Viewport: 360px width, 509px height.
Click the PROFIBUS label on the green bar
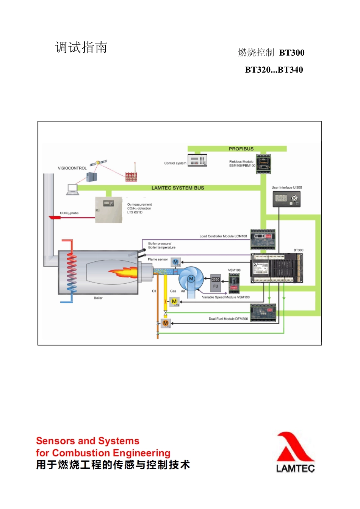click(x=241, y=149)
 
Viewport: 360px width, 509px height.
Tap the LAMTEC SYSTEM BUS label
click(x=178, y=188)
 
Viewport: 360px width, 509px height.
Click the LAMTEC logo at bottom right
click(x=295, y=453)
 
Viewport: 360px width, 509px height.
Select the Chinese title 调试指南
click(x=81, y=48)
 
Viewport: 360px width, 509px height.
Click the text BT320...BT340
click(x=274, y=70)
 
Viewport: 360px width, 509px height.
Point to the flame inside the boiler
click(x=124, y=272)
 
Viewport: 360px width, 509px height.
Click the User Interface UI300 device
click(x=286, y=199)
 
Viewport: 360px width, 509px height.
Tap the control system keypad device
click(x=197, y=160)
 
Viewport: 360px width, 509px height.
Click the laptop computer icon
click(x=72, y=189)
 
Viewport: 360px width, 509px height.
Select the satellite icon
click(x=99, y=162)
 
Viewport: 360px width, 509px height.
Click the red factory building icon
click(x=131, y=176)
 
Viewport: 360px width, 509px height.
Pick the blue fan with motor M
click(x=191, y=279)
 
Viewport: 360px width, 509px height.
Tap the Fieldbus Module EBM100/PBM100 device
click(x=263, y=164)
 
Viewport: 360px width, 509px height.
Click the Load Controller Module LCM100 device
click(x=263, y=239)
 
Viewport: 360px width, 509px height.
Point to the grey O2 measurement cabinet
click(x=108, y=210)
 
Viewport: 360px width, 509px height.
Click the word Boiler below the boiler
click(x=98, y=298)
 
